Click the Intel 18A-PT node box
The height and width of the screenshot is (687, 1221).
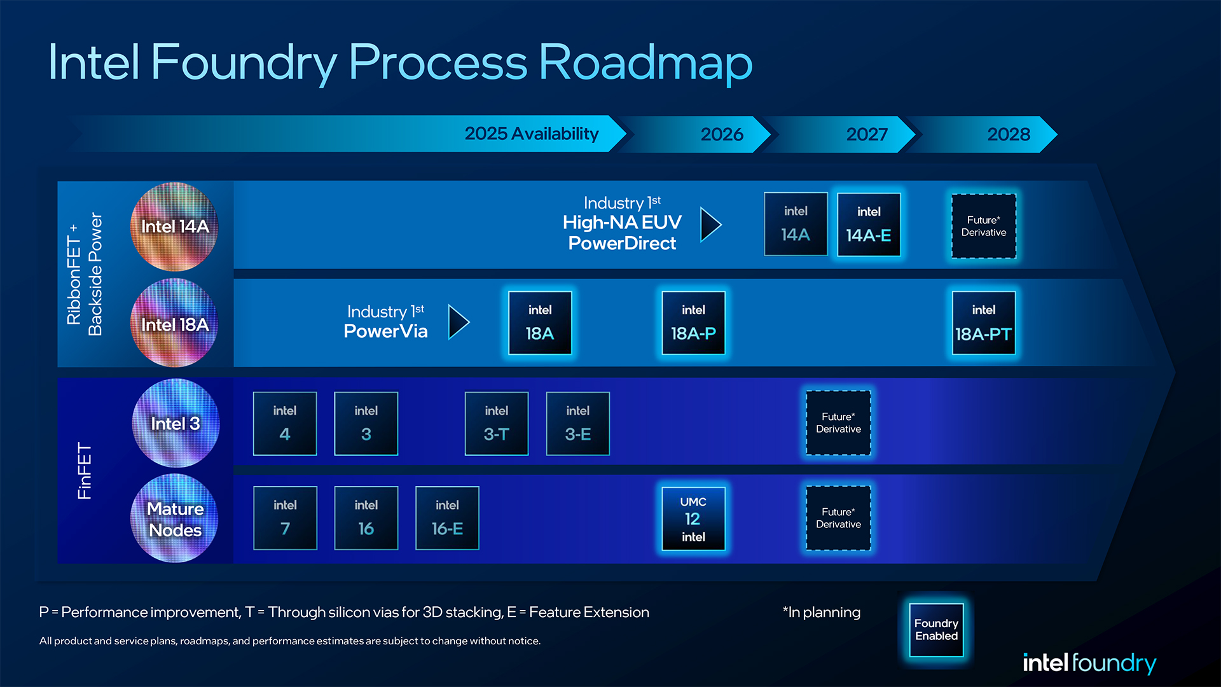[983, 323]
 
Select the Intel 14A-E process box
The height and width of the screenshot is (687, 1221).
[869, 225]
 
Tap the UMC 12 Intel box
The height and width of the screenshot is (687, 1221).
[693, 518]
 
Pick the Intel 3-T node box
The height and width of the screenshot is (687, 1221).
[496, 424]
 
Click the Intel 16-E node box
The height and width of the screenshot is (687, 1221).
[447, 518]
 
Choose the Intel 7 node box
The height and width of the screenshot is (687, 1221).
[285, 518]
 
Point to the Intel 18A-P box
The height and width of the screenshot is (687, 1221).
[693, 323]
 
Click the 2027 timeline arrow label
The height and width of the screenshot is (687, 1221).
[866, 134]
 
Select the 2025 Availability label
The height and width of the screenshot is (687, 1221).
[532, 134]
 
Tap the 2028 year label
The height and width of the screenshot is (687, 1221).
[1009, 134]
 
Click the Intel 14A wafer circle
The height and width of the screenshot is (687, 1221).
[174, 226]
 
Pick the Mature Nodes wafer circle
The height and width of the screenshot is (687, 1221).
[175, 518]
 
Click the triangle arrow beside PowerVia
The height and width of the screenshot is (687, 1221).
[458, 322]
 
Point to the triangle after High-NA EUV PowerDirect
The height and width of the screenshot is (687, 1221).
[710, 225]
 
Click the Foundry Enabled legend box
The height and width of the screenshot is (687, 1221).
[936, 630]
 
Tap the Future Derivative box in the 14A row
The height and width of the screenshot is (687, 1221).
[983, 226]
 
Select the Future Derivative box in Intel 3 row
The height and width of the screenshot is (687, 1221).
[838, 423]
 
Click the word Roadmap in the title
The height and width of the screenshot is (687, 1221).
[645, 62]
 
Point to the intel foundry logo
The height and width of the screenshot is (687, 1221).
[1089, 663]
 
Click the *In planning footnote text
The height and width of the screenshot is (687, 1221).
[821, 612]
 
